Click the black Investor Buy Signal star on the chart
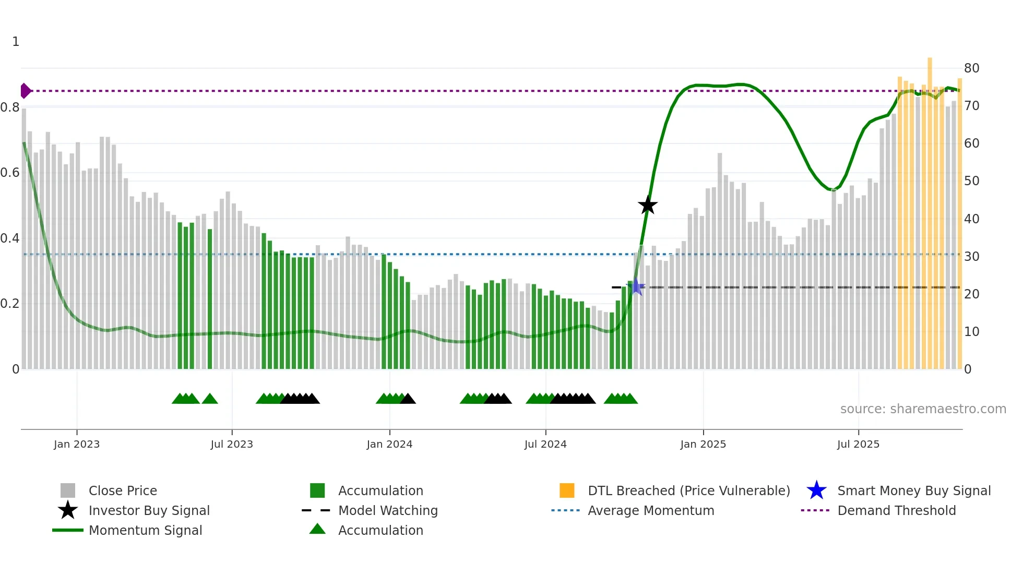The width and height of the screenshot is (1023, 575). pos(647,205)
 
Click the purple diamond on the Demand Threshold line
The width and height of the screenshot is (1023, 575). pos(25,91)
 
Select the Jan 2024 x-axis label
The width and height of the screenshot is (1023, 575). pos(389,444)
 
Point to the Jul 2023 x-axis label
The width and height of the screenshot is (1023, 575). pos(232,444)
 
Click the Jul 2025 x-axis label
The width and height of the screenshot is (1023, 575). pos(858,444)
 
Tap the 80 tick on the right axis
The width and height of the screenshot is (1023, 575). pos(971,68)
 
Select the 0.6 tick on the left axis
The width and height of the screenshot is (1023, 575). pos(10,173)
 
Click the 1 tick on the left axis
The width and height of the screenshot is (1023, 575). pos(16,42)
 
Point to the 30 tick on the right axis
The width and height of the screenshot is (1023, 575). pos(971,257)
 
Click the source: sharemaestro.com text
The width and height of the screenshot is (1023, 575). pos(923,409)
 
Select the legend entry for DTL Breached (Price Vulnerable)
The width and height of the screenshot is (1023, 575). pos(688,490)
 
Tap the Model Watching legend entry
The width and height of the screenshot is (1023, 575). pos(388,510)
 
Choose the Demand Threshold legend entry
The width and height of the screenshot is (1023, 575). pos(896,510)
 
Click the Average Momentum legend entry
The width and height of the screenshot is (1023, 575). pos(650,510)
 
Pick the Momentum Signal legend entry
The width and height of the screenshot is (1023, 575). pos(145,530)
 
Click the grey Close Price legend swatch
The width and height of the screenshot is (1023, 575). pos(68,490)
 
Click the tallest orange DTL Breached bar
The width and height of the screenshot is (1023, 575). pos(930,209)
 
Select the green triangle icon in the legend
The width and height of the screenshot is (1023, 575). pos(317,529)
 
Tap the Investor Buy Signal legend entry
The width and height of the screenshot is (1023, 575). pos(149,510)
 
